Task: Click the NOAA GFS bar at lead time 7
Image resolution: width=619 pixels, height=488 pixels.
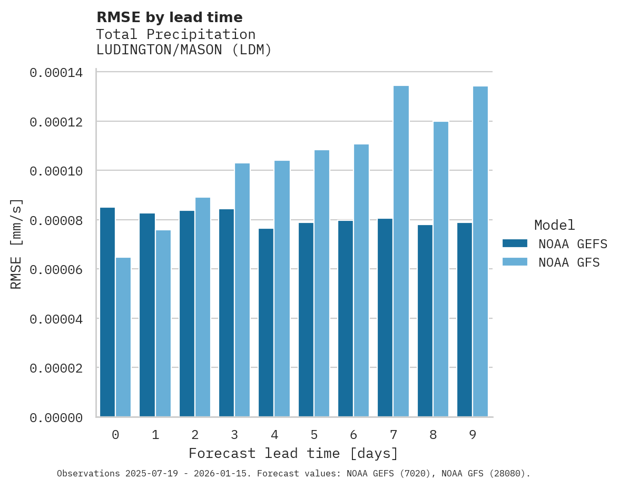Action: tap(401, 251)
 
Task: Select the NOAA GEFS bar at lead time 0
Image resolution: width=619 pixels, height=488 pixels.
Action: tap(107, 312)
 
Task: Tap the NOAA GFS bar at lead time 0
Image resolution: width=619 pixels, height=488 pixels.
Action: tap(123, 337)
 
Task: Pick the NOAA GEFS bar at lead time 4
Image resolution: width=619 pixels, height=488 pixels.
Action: tap(266, 322)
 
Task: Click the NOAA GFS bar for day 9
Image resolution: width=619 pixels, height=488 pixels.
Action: tap(480, 251)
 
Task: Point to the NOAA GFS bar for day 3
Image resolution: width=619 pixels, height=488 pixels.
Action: tap(242, 290)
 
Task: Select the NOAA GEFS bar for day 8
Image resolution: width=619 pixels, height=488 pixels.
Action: tap(425, 320)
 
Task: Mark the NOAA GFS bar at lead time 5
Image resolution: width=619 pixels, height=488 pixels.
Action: tap(322, 283)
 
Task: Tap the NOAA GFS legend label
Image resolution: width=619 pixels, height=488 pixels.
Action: tap(569, 262)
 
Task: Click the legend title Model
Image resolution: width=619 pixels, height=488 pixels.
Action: tap(554, 225)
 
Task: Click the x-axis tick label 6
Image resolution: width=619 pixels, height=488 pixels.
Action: tap(353, 435)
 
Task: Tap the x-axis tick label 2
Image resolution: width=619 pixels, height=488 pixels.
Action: tap(195, 435)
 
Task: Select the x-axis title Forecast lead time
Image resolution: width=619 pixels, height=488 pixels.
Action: tap(293, 453)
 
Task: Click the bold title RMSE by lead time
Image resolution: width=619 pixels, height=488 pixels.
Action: tap(169, 17)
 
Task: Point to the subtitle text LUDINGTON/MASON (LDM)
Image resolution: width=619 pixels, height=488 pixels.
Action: tap(183, 51)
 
